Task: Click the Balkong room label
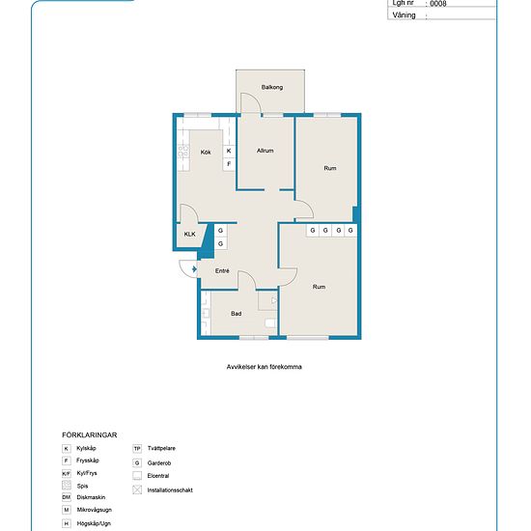click(x=272, y=87)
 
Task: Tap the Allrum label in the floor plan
click(x=265, y=151)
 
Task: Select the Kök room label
click(x=206, y=152)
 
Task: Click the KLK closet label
click(x=189, y=234)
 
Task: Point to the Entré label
click(x=222, y=270)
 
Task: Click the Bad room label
click(x=236, y=314)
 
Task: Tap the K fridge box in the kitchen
click(x=229, y=151)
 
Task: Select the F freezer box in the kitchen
click(x=229, y=164)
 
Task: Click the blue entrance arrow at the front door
click(x=194, y=269)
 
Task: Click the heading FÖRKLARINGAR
click(x=90, y=435)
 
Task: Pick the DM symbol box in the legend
click(x=67, y=497)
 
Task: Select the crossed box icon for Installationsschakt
click(x=137, y=489)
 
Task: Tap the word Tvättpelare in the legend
click(x=161, y=448)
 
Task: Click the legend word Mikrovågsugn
click(x=95, y=510)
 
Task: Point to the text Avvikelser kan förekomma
click(x=265, y=367)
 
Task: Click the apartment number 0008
click(x=438, y=4)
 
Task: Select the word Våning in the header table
click(x=404, y=15)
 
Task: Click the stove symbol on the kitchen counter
click(x=183, y=152)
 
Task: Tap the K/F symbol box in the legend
click(x=67, y=473)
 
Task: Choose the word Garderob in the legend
click(x=159, y=462)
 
